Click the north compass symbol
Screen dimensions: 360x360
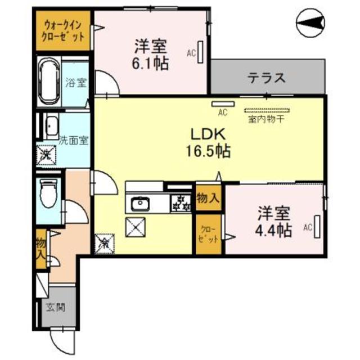click(310, 22)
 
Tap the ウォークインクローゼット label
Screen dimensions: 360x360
click(64, 32)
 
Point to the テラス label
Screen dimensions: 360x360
click(267, 78)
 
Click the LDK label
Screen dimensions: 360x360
click(210, 135)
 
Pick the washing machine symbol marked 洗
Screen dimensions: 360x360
click(45, 154)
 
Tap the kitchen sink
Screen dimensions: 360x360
click(138, 204)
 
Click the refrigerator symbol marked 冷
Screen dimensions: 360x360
click(105, 244)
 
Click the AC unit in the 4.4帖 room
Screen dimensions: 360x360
click(318, 227)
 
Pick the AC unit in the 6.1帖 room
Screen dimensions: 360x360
click(200, 54)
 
